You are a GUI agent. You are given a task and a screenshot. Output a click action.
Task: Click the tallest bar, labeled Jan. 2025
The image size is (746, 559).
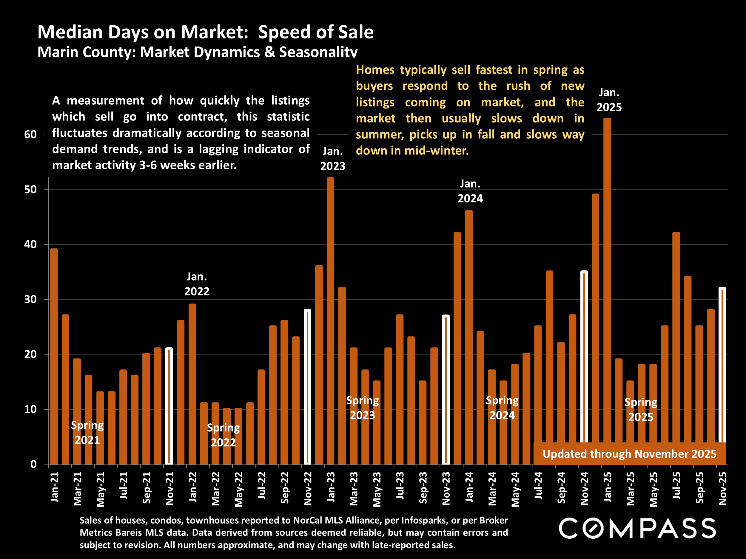pyautogui.click(x=607, y=290)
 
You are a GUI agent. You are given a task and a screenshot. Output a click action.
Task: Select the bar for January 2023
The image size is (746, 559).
pyautogui.click(x=331, y=320)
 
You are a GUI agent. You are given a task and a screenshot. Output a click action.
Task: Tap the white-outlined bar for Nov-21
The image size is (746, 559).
pyautogui.click(x=169, y=406)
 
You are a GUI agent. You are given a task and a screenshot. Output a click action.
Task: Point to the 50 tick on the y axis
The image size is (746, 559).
pyautogui.click(x=30, y=190)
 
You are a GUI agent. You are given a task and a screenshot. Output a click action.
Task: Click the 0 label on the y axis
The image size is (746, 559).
pyautogui.click(x=33, y=464)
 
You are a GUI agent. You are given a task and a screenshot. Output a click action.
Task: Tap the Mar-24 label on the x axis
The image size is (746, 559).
pyautogui.click(x=492, y=489)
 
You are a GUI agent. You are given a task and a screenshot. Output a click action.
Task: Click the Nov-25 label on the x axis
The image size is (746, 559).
pyautogui.click(x=722, y=488)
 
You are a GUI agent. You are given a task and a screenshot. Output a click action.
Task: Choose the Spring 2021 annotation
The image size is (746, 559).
pyautogui.click(x=87, y=433)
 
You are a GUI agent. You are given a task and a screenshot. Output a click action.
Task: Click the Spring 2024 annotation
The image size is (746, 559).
pyautogui.click(x=502, y=408)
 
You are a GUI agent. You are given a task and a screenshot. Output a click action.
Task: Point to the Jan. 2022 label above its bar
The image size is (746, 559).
pyautogui.click(x=197, y=284)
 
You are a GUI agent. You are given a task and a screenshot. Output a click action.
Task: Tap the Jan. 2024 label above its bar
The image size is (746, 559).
pyautogui.click(x=470, y=191)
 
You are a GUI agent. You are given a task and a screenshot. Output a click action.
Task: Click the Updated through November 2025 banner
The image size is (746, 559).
pyautogui.click(x=629, y=454)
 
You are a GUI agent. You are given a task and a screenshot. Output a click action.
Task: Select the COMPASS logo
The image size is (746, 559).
pyautogui.click(x=637, y=528)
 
